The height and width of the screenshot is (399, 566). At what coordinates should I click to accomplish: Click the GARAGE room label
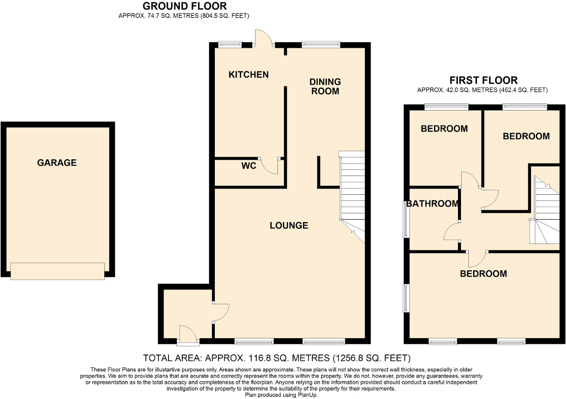pos(56,163)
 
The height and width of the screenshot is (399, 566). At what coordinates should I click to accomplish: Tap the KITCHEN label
pos(249,75)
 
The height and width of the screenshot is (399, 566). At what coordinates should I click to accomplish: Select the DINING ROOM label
pos(325,86)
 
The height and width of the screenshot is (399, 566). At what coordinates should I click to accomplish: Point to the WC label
pos(249,166)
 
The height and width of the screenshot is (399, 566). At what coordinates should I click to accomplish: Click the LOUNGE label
pos(289,226)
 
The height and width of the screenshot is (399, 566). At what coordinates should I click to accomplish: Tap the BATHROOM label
pos(433,204)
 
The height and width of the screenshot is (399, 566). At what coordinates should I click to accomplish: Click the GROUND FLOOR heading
pos(185,6)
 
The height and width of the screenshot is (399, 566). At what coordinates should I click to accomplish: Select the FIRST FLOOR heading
pos(483,80)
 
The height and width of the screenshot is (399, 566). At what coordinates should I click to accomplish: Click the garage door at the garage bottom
pos(58,271)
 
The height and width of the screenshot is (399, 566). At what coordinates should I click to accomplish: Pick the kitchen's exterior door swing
pos(264,38)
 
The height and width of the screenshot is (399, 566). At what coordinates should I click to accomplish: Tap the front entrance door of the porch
pos(188,333)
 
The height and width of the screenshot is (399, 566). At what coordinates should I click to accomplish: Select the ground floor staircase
pos(351,197)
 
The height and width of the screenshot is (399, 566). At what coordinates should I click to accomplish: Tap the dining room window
pos(321,44)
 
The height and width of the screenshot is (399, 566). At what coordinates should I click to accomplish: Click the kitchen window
pos(230,44)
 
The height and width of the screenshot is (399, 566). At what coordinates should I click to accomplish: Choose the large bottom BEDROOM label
pos(483,274)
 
